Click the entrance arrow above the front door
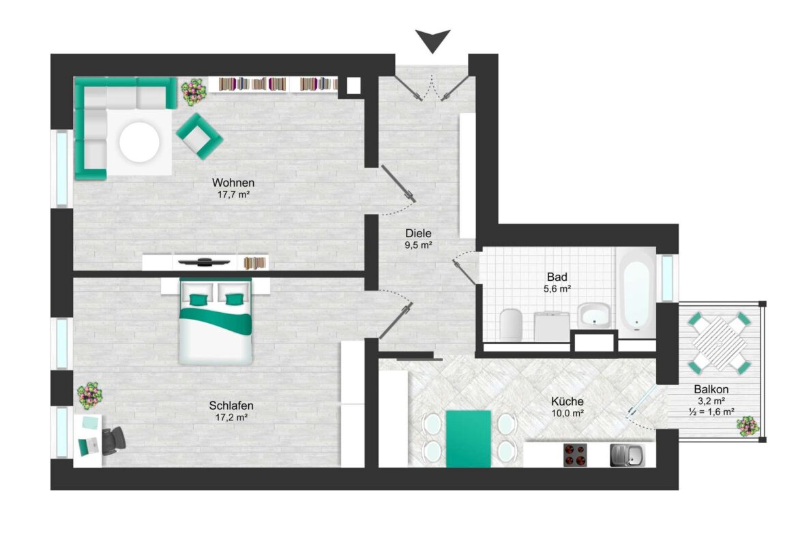pyautogui.click(x=432, y=40)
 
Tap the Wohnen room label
pyautogui.click(x=233, y=183)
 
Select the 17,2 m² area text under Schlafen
pyautogui.click(x=232, y=418)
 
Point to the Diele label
pyautogui.click(x=418, y=234)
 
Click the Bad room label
pyautogui.click(x=557, y=277)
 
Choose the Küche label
pyautogui.click(x=567, y=401)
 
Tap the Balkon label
pyautogui.click(x=711, y=389)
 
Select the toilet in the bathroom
pyautogui.click(x=511, y=324)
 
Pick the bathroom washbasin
pyautogui.click(x=594, y=316)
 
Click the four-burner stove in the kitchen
pyautogui.click(x=575, y=455)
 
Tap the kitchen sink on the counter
pyautogui.click(x=627, y=455)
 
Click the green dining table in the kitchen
pyautogui.click(x=468, y=438)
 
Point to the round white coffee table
pyautogui.click(x=139, y=142)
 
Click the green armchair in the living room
pyautogui.click(x=199, y=136)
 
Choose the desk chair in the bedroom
pyautogui.click(x=113, y=440)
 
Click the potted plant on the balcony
pyautogui.click(x=747, y=426)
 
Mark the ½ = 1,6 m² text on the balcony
pyautogui.click(x=711, y=412)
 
